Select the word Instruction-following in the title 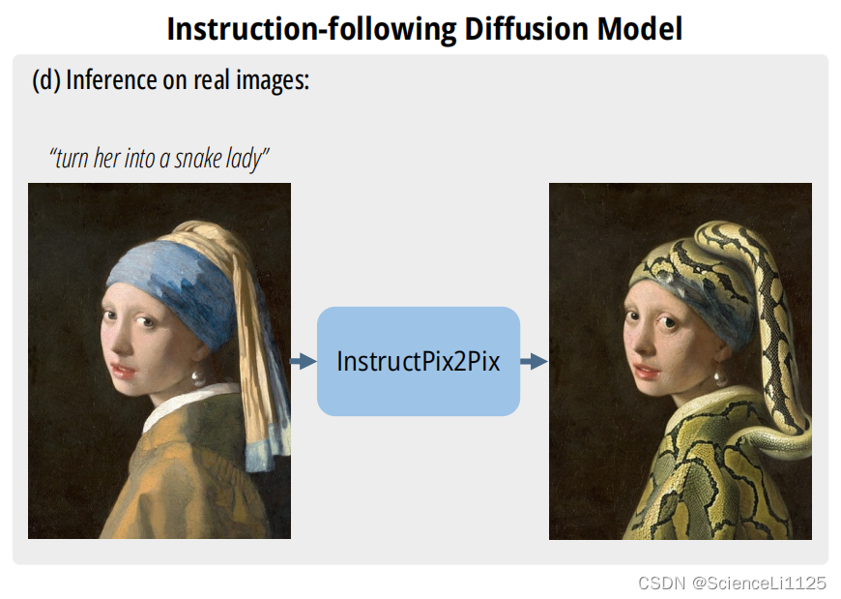point(311,30)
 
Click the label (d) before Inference point(46,80)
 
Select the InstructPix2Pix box point(419,361)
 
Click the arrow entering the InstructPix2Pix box point(304,361)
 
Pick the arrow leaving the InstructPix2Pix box point(535,361)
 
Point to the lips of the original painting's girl point(124,371)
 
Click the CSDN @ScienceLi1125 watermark point(732,583)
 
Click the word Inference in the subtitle point(111,80)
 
